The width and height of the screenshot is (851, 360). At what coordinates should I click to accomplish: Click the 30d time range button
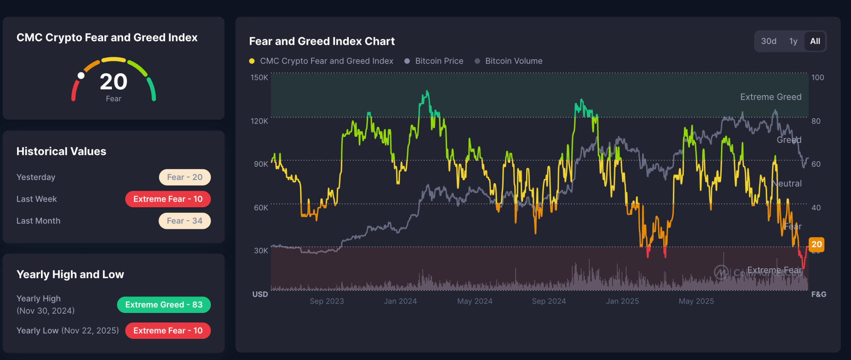point(769,41)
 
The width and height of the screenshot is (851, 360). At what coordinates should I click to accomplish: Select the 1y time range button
point(793,41)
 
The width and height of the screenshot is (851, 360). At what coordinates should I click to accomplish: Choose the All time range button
point(815,41)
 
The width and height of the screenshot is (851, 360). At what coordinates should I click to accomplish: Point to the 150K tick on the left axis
point(259,78)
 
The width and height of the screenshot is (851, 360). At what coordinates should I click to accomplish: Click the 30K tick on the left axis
point(261,250)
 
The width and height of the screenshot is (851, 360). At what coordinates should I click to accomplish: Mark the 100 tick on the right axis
point(818,78)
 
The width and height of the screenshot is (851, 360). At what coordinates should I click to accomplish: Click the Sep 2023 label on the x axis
point(327,301)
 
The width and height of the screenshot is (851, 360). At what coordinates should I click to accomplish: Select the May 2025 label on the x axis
point(696,301)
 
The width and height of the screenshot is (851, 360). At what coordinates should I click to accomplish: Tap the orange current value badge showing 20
point(817,244)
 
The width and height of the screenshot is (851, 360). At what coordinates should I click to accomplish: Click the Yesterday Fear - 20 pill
point(185,177)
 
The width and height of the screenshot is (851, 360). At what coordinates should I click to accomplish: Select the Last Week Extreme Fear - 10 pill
point(168,199)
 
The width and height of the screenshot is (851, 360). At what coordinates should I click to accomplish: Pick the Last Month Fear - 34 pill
point(185,221)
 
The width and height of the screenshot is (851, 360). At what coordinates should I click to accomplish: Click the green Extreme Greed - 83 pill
point(164,305)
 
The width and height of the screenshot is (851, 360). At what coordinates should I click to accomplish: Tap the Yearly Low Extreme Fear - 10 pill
point(168,331)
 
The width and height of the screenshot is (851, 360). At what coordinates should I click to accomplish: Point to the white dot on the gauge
point(81,76)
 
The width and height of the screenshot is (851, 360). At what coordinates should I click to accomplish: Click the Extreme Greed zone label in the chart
point(771,97)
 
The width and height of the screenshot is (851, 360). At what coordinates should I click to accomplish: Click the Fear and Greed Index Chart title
point(322,41)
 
